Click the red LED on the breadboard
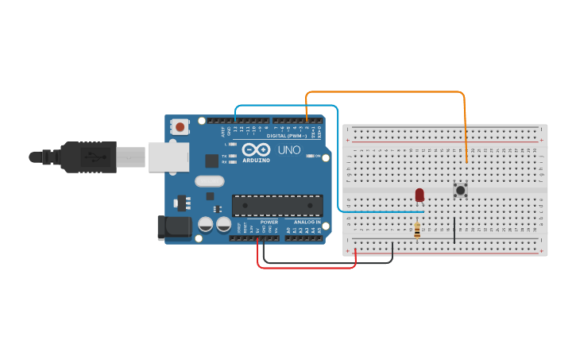[x=419, y=194]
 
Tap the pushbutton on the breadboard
[x=460, y=190]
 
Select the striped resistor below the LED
[x=418, y=230]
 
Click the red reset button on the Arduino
[x=180, y=126]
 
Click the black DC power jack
[x=174, y=226]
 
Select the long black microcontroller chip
[x=277, y=205]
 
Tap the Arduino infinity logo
[x=257, y=149]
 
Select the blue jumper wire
[x=286, y=105]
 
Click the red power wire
[x=306, y=268]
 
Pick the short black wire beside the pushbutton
[x=454, y=230]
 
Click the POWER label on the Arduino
[x=269, y=223]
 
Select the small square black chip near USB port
[x=211, y=161]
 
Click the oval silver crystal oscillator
[x=210, y=195]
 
